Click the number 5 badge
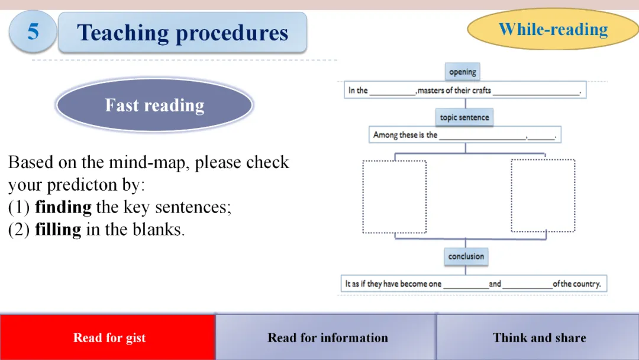pyautogui.click(x=33, y=31)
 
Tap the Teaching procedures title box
pyautogui.click(x=183, y=33)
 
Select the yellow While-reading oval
pyautogui.click(x=553, y=29)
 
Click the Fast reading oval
pyautogui.click(x=154, y=105)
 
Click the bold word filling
pyautogui.click(x=58, y=230)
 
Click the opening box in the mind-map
pyautogui.click(x=462, y=72)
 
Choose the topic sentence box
pyautogui.click(x=464, y=117)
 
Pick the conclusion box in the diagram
pyautogui.click(x=466, y=256)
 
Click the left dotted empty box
pyautogui.click(x=394, y=196)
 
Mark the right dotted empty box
pyautogui.click(x=543, y=195)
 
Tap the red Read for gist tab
pyautogui.click(x=109, y=337)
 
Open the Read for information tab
pyautogui.click(x=327, y=337)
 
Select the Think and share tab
pyautogui.click(x=539, y=337)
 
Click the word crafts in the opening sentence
pyautogui.click(x=481, y=91)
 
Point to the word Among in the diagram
pyautogui.click(x=385, y=135)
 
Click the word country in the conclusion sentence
pyautogui.click(x=587, y=284)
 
